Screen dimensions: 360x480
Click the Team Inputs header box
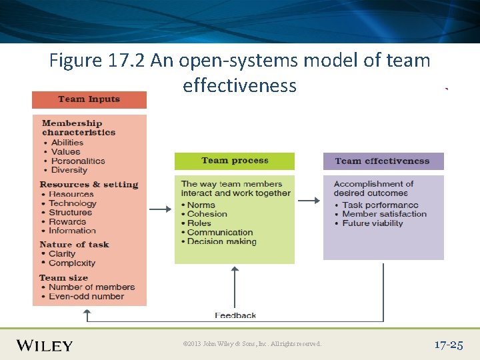pos(89,99)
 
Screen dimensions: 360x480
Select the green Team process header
pos(234,161)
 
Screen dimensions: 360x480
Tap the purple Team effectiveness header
pos(383,161)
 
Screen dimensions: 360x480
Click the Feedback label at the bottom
pos(235,315)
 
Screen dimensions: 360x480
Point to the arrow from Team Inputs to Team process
pos(160,209)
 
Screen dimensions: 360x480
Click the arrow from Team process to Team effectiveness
pos(308,200)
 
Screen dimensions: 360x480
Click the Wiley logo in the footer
pos(44,345)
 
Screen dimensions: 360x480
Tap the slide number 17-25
pos(448,345)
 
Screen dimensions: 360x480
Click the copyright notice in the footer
pos(252,344)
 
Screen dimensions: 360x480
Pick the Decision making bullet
pos(221,242)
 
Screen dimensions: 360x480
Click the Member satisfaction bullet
pos(384,214)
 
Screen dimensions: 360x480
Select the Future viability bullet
pos(372,223)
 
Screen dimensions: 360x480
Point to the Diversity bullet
pos(69,170)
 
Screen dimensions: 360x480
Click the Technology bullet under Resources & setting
pos(73,203)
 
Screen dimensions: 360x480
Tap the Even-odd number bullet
pos(86,296)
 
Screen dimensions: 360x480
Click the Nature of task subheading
pos(74,245)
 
